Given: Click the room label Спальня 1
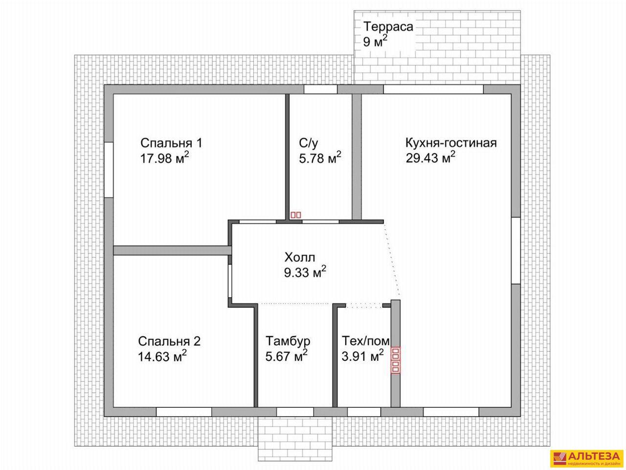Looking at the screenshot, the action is tap(171, 143).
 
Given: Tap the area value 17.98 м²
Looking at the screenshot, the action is tap(164, 158).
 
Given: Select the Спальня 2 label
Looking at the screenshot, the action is tap(169, 341).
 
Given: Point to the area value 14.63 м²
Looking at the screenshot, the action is tap(162, 356).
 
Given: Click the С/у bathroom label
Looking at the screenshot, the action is tap(308, 143).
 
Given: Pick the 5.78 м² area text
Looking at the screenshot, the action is tap(320, 158).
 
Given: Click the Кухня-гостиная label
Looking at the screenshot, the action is tap(451, 143).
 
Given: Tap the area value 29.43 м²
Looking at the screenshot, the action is tap(430, 158).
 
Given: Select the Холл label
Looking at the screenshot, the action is tap(300, 258).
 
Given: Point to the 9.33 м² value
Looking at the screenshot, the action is tap(305, 272).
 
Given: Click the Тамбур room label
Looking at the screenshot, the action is tap(288, 341).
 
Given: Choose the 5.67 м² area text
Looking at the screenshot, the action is tap(286, 356).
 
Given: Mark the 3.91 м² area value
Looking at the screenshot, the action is tap(362, 356).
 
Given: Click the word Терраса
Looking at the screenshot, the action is tap(388, 27).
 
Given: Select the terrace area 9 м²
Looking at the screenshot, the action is tap(375, 42).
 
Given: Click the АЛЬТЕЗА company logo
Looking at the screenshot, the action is tap(586, 451).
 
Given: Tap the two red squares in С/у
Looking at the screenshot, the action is tap(295, 215).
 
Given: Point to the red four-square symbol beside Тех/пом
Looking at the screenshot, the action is tap(395, 360).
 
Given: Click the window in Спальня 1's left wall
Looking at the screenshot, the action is tap(109, 169).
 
